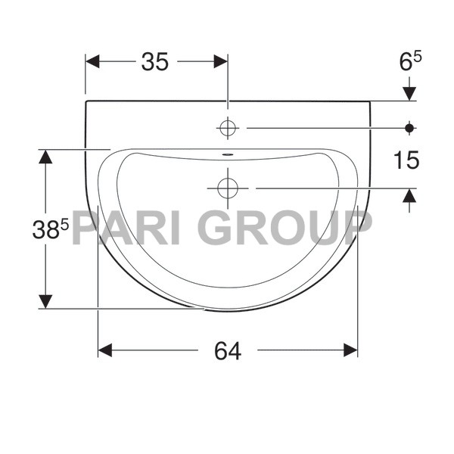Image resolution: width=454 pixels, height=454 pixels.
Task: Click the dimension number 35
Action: [154, 62]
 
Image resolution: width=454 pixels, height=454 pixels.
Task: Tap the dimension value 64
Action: [227, 350]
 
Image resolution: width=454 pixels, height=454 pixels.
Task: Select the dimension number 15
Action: [406, 160]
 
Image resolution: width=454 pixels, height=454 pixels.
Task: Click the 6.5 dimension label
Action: [409, 62]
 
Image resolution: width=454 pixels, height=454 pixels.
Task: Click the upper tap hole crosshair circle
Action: [227, 128]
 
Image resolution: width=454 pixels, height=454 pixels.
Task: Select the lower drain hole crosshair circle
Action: [227, 187]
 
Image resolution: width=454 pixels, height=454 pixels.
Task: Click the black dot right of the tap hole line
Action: [409, 128]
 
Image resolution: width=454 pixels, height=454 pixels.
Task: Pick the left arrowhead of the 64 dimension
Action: [104, 350]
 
